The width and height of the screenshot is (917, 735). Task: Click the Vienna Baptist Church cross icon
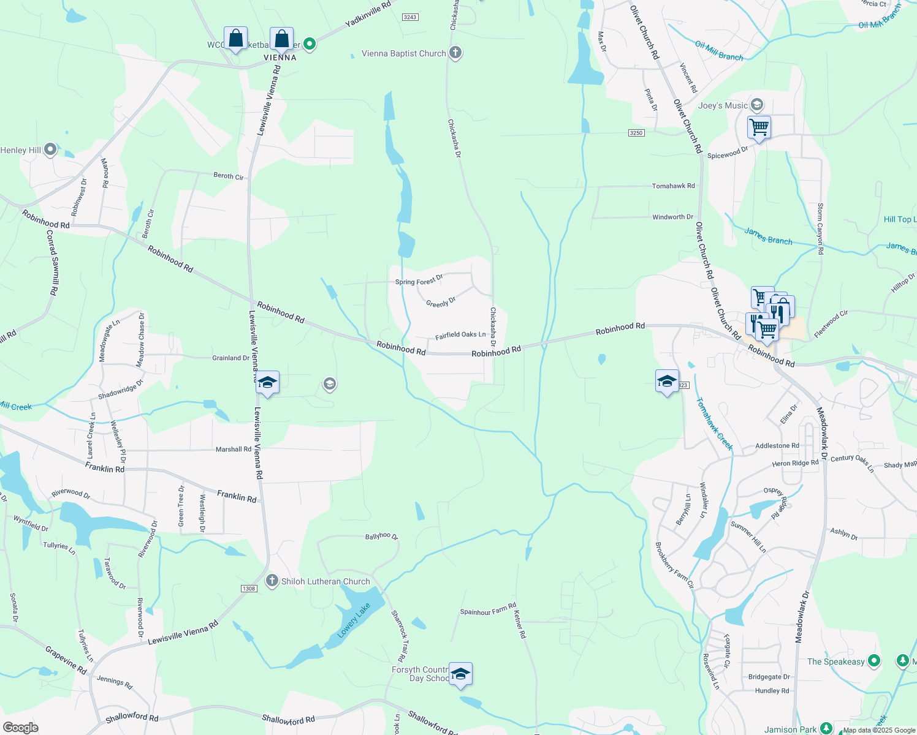[455, 53]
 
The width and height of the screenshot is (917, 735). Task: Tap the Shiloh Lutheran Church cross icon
[272, 580]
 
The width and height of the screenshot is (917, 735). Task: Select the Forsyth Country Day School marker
[460, 674]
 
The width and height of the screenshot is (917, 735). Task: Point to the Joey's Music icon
[757, 105]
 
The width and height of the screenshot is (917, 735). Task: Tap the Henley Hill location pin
[50, 149]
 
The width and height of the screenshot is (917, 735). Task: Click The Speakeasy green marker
[874, 661]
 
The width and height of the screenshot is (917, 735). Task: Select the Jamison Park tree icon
[826, 729]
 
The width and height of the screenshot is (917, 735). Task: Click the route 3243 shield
[410, 17]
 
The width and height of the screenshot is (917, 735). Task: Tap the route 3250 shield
[636, 133]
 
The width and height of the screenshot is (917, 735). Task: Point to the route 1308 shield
[248, 589]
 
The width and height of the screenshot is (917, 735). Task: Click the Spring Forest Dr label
[419, 281]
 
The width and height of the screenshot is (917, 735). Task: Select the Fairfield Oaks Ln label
[460, 335]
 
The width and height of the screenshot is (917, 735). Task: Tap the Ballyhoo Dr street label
[381, 536]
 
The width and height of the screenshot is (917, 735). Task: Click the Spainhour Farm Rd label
[488, 609]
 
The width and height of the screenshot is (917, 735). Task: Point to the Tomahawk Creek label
[713, 424]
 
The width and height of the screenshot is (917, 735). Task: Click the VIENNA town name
[280, 58]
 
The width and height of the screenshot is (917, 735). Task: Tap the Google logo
[20, 728]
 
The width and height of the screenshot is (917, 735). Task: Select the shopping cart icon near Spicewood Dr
[759, 127]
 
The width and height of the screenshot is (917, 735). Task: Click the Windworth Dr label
[672, 217]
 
